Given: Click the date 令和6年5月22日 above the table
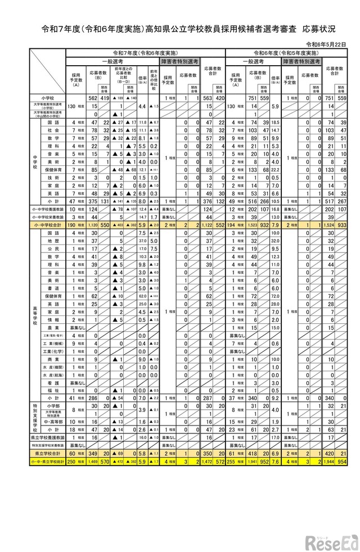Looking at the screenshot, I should [x=331, y=43].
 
